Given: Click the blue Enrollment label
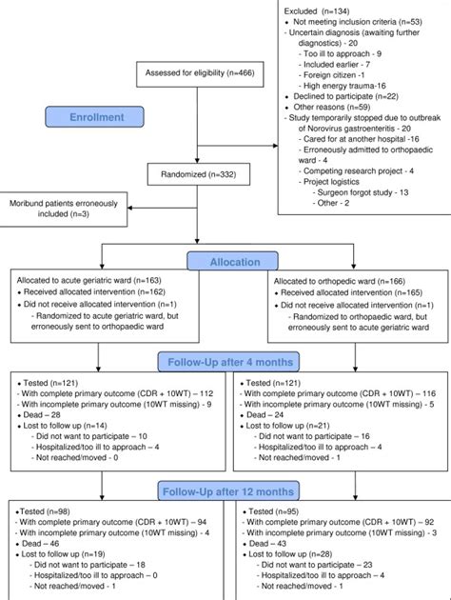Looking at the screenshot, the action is tap(95, 117).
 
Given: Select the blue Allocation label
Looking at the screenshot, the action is tap(232, 261).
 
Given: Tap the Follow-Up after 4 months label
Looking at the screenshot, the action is tap(228, 362).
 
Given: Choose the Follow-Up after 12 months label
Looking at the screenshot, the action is tap(228, 491).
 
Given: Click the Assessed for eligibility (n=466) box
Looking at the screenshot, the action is tap(200, 74).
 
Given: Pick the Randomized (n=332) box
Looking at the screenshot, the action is tap(199, 174).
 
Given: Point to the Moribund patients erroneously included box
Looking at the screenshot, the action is tap(63, 209).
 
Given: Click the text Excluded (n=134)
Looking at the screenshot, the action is tap(317, 11).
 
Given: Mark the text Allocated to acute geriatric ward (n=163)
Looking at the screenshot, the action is tap(89, 281).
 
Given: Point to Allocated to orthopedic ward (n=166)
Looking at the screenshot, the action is tap(340, 281).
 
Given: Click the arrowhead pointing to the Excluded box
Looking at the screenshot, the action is tap(275, 146).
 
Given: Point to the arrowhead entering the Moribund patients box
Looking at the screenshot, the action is tap(130, 208).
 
